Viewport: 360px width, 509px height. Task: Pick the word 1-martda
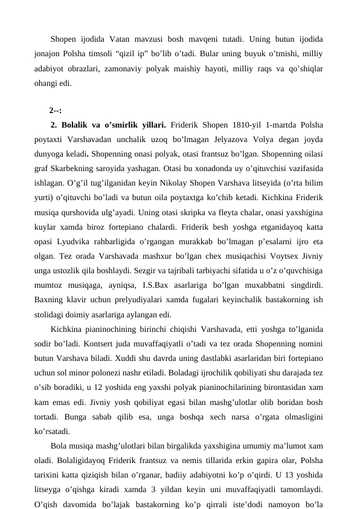(x=271, y=126)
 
